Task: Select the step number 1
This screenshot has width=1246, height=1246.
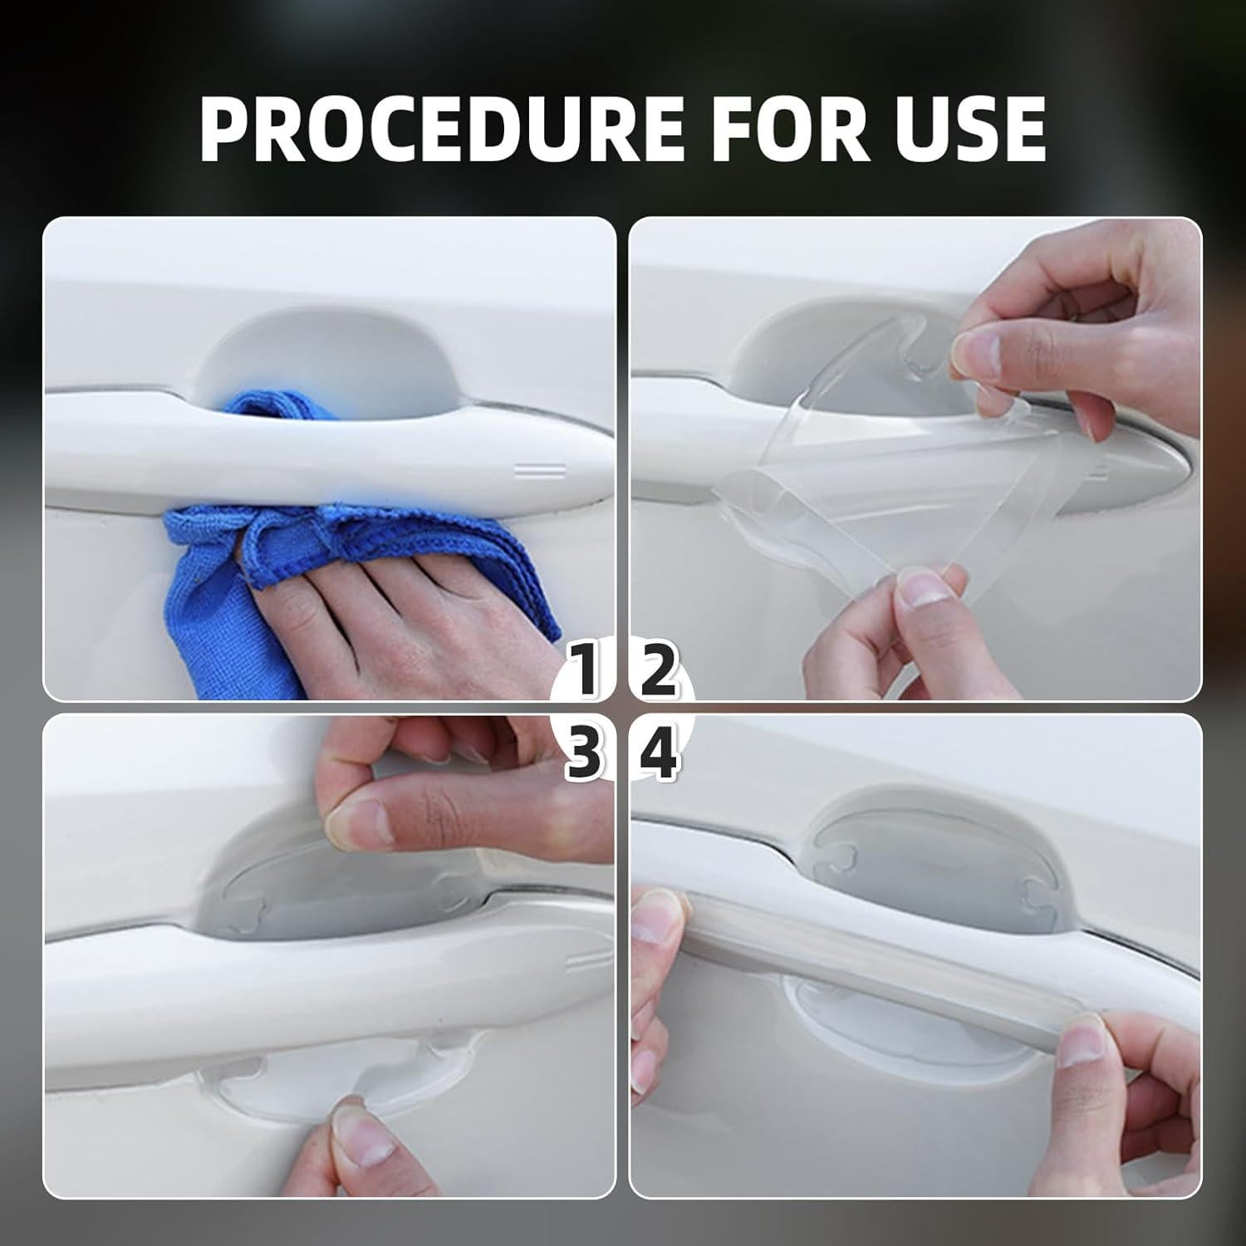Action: tap(586, 673)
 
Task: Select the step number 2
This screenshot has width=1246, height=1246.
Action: tap(657, 673)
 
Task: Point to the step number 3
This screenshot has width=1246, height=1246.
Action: tap(585, 757)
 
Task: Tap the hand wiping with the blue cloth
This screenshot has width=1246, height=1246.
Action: tap(399, 581)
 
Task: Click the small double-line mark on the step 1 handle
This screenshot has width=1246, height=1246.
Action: tap(540, 471)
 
